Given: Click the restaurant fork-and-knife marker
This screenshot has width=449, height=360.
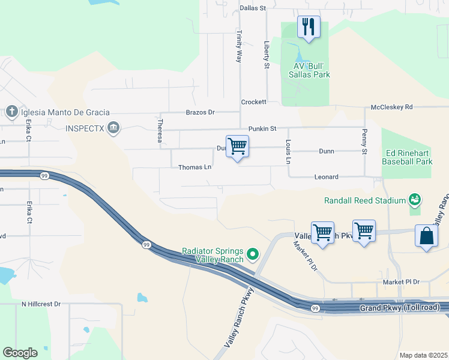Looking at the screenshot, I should click(309, 27).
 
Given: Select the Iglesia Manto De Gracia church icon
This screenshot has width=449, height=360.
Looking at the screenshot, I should click(11, 112).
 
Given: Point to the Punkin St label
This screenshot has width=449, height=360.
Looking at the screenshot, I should click(262, 129).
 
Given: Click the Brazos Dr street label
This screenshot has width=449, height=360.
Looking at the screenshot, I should click(200, 112).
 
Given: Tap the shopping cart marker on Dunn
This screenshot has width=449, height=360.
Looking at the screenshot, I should click(238, 146).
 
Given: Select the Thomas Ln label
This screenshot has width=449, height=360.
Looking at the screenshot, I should click(195, 167).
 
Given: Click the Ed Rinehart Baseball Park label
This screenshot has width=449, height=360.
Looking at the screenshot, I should click(408, 157).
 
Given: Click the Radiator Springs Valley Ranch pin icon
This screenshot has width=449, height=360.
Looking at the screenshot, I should click(253, 255).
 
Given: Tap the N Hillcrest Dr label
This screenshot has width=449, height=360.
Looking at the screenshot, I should click(41, 304).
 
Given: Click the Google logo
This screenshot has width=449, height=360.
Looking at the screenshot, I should click(20, 353).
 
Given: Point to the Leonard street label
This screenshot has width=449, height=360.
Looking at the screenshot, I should click(327, 177).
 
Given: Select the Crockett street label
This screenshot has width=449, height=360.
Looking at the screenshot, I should click(253, 103).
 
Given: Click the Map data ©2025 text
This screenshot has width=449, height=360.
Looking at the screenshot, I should click(423, 355).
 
